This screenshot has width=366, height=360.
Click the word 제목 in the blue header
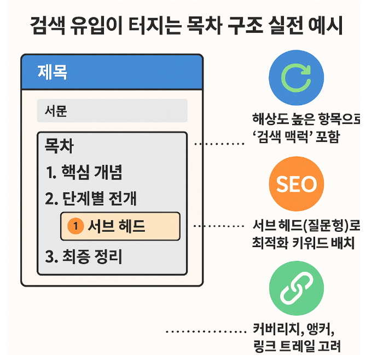tap(53, 72)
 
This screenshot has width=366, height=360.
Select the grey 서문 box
tap(112, 111)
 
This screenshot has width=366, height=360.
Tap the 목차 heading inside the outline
tap(59, 146)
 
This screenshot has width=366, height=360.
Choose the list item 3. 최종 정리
tap(84, 256)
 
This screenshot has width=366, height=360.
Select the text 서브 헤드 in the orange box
tap(116, 226)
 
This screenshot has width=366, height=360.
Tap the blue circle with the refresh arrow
tap(296, 78)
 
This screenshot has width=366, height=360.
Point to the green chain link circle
tap(296, 291)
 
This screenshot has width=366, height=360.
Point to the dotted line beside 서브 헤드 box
tap(218, 226)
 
